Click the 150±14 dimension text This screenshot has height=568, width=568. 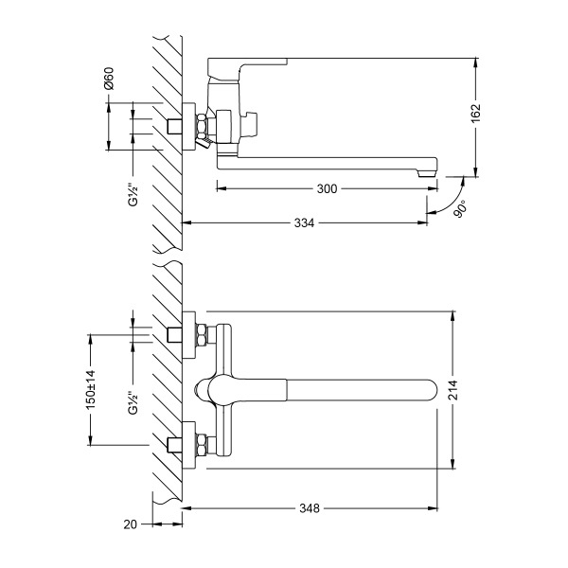click(x=91, y=388)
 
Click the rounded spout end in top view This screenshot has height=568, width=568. click(x=431, y=390)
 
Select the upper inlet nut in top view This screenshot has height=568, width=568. click(x=202, y=335)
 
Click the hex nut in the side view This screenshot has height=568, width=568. click(x=202, y=127)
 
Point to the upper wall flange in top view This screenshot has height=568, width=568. click(x=188, y=335)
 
